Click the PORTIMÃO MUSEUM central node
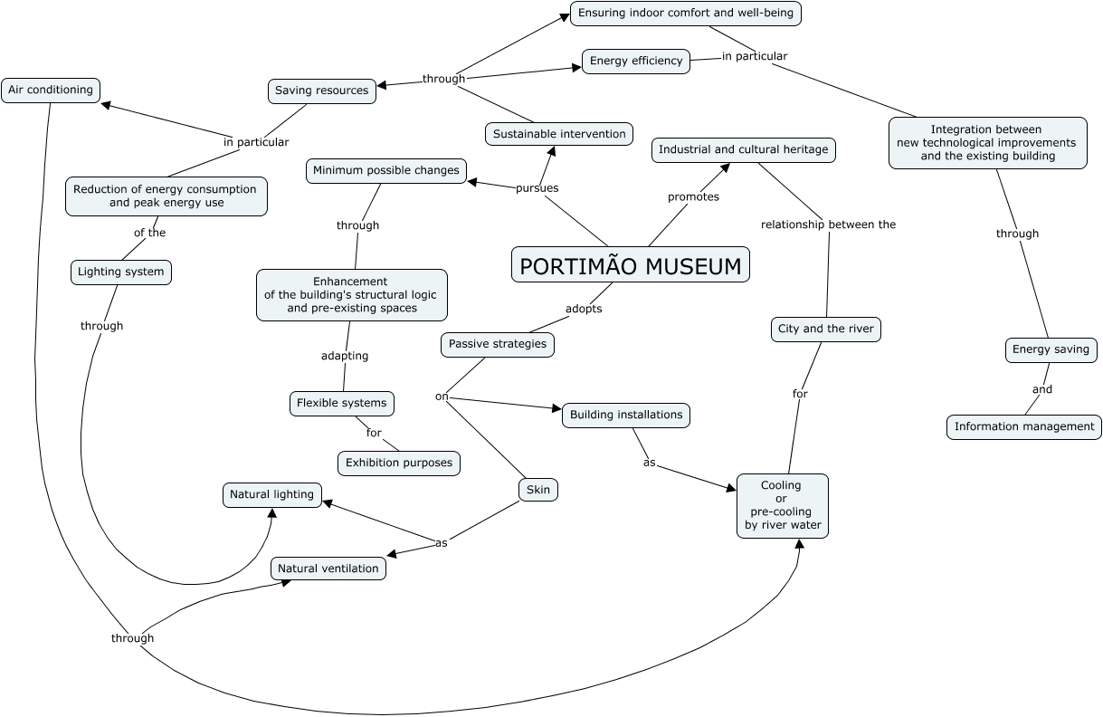[631, 265]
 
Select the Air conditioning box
[51, 90]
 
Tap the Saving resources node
[322, 91]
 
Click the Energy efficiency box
[636, 62]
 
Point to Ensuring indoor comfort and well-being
[686, 14]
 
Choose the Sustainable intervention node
[559, 134]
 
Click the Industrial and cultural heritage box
[743, 149]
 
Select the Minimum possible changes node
[386, 170]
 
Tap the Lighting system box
[120, 272]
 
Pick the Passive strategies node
[498, 344]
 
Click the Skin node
[538, 490]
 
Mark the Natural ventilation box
[328, 569]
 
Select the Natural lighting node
[271, 494]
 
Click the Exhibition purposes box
[399, 463]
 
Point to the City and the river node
[826, 329]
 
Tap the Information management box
[1024, 426]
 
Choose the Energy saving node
[1051, 349]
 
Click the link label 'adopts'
[584, 309]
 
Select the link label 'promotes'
[693, 196]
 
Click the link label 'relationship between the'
[828, 225]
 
